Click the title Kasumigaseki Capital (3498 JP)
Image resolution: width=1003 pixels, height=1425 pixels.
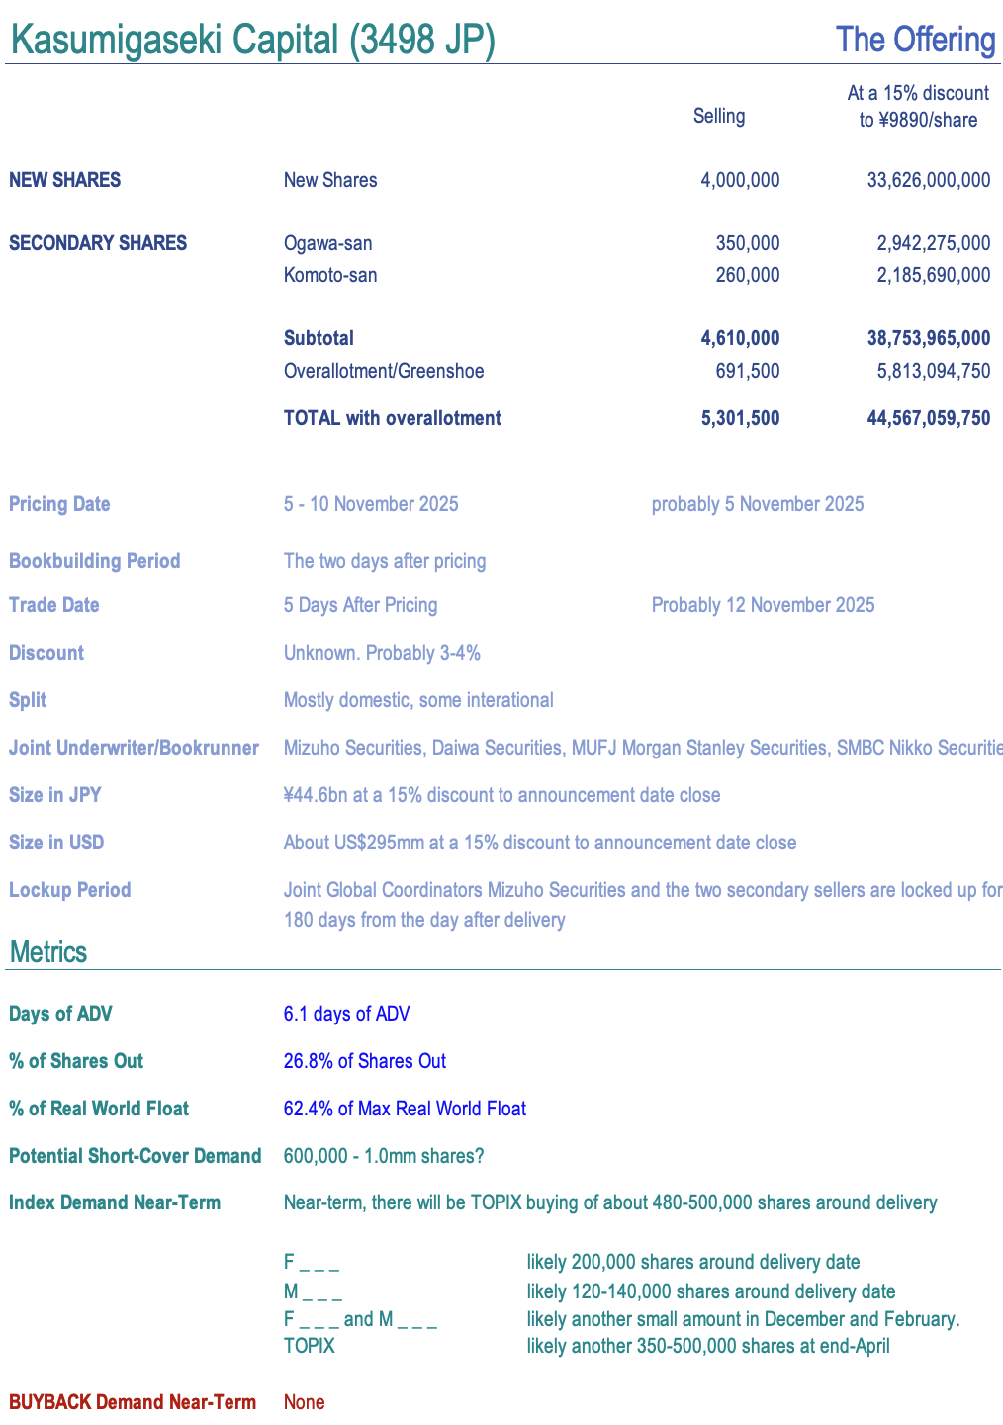point(252,41)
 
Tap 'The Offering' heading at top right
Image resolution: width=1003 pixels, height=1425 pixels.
point(915,41)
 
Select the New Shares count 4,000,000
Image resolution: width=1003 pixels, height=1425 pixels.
point(740,180)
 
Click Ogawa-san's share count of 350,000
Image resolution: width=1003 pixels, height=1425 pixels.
point(747,243)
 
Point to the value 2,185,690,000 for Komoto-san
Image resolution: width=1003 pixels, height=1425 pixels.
point(933,275)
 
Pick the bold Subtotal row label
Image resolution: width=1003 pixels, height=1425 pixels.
point(319,338)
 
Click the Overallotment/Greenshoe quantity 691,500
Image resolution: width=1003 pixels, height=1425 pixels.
point(747,371)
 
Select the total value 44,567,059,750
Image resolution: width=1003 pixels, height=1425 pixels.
point(928,418)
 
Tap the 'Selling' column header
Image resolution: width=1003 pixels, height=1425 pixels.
point(719,116)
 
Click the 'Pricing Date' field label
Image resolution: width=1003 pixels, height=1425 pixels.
point(59,504)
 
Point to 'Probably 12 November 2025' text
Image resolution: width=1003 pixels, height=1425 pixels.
point(763,605)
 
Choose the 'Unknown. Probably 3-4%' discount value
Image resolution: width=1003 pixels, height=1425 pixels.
point(382,653)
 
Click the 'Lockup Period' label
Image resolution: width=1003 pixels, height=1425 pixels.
point(69,890)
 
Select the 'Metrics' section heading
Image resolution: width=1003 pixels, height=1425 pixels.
point(48,952)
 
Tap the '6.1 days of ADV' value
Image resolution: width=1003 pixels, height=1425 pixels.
point(346,1014)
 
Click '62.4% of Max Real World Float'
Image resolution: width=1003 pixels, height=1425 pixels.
point(405,1109)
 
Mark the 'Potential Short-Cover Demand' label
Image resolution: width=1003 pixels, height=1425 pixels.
point(135,1156)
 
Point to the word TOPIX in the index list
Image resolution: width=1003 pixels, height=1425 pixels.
point(310,1346)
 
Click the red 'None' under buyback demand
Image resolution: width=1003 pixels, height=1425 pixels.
point(304,1402)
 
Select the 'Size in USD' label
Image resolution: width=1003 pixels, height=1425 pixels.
point(56,843)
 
